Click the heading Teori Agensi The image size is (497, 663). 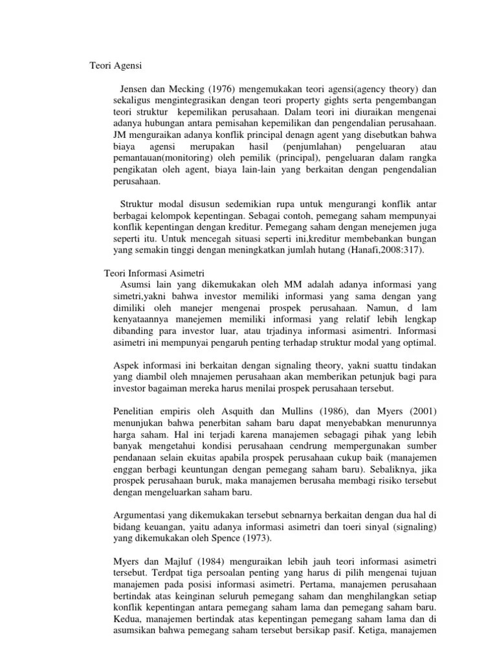(x=115, y=65)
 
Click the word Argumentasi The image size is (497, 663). (x=142, y=515)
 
